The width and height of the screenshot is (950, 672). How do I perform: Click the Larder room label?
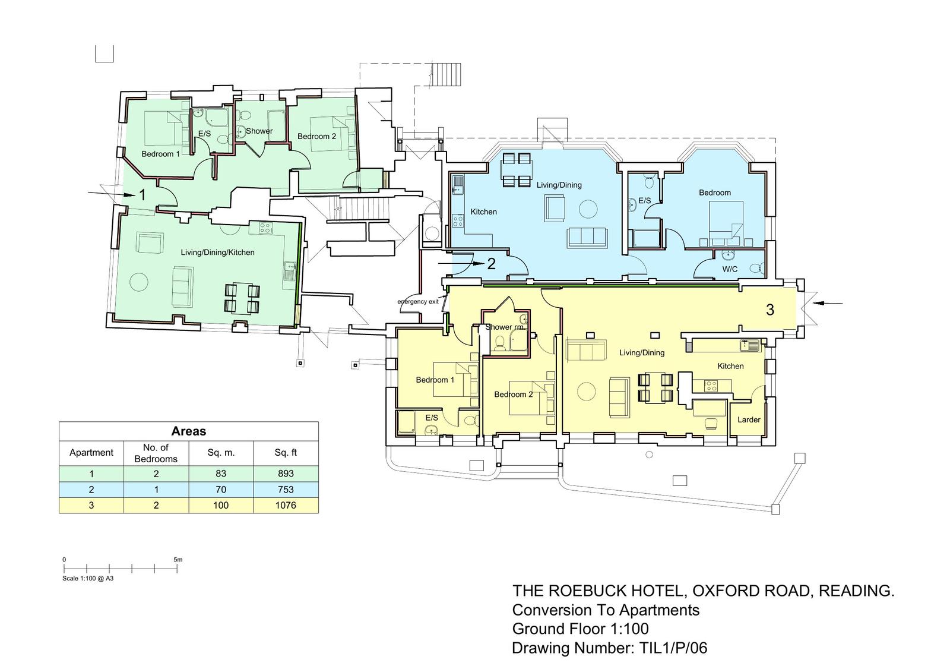pos(749,420)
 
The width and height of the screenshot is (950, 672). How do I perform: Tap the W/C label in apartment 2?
pos(730,269)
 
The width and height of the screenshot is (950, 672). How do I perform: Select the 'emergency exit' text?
pos(418,301)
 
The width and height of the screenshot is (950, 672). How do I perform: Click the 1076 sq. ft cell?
pos(286,505)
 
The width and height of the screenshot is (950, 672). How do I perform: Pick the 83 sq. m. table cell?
pos(220,474)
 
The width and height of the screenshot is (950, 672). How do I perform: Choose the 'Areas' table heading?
pos(189,431)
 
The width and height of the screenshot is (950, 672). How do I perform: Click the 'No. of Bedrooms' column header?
pos(156,453)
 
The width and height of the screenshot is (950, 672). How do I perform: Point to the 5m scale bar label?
pos(178,560)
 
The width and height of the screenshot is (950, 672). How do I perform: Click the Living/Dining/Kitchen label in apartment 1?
pos(217,253)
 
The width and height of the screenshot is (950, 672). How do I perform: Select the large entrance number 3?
pos(770,310)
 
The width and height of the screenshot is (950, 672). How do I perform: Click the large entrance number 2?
pos(492,264)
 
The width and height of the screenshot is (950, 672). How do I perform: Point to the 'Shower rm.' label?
pos(505,327)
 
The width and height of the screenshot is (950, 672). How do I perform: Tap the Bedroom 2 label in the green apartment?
pos(317,136)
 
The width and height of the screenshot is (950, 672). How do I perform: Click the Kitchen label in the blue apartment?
pos(483,212)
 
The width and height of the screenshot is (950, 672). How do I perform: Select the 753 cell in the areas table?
pos(286,490)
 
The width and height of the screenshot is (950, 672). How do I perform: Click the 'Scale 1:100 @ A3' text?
pos(88,578)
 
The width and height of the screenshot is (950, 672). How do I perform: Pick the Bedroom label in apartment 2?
pos(715,193)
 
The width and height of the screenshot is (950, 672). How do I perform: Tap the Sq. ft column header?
pos(286,453)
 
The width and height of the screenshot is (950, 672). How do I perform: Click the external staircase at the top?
pos(446,75)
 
